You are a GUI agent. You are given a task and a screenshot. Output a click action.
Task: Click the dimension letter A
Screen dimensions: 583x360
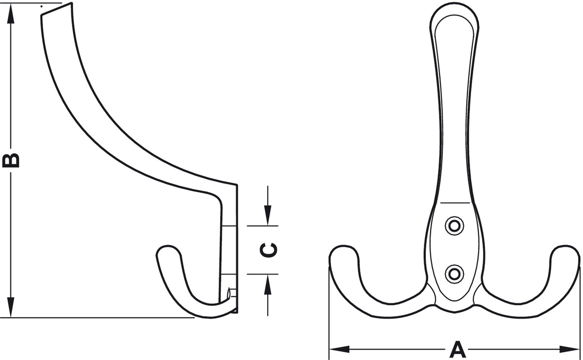tap(457, 349)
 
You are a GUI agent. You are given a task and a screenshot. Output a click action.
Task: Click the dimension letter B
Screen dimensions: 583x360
tap(11, 160)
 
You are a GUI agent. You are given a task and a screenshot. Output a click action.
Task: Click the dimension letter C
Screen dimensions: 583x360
tap(268, 250)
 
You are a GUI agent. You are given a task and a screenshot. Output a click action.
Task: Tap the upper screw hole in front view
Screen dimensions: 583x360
tap(454, 225)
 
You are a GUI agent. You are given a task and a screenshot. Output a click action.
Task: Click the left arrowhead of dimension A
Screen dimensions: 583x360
tap(339, 349)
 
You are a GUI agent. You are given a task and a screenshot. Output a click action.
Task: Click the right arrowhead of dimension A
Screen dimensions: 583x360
tap(569, 349)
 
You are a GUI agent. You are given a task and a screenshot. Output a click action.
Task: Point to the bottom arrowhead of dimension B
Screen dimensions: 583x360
tap(11, 307)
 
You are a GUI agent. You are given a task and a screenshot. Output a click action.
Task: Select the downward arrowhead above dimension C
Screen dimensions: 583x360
tap(268, 216)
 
